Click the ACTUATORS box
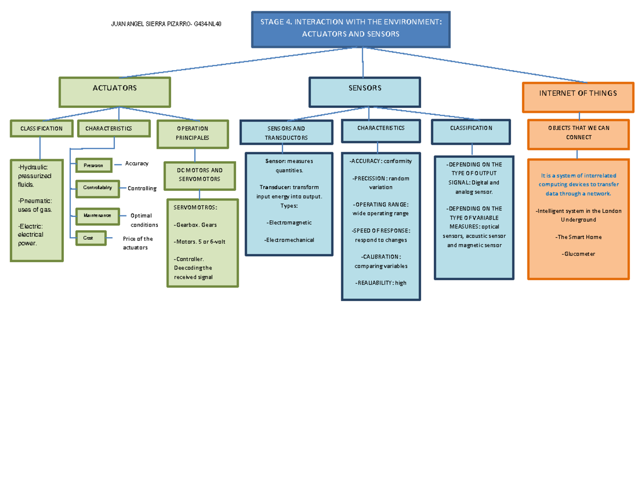(115, 92)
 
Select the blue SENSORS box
(365, 92)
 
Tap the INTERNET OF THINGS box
(578, 97)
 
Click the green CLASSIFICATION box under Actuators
(41, 129)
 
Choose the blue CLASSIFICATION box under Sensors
(471, 129)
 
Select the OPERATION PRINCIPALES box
(192, 133)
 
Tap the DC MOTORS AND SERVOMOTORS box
(199, 175)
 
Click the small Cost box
(91, 238)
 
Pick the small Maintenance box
(98, 216)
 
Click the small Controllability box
(98, 188)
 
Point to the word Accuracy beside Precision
(137, 164)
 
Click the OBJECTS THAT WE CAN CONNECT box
(579, 133)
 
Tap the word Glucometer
(578, 254)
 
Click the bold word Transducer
(275, 187)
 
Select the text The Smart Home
(578, 237)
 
